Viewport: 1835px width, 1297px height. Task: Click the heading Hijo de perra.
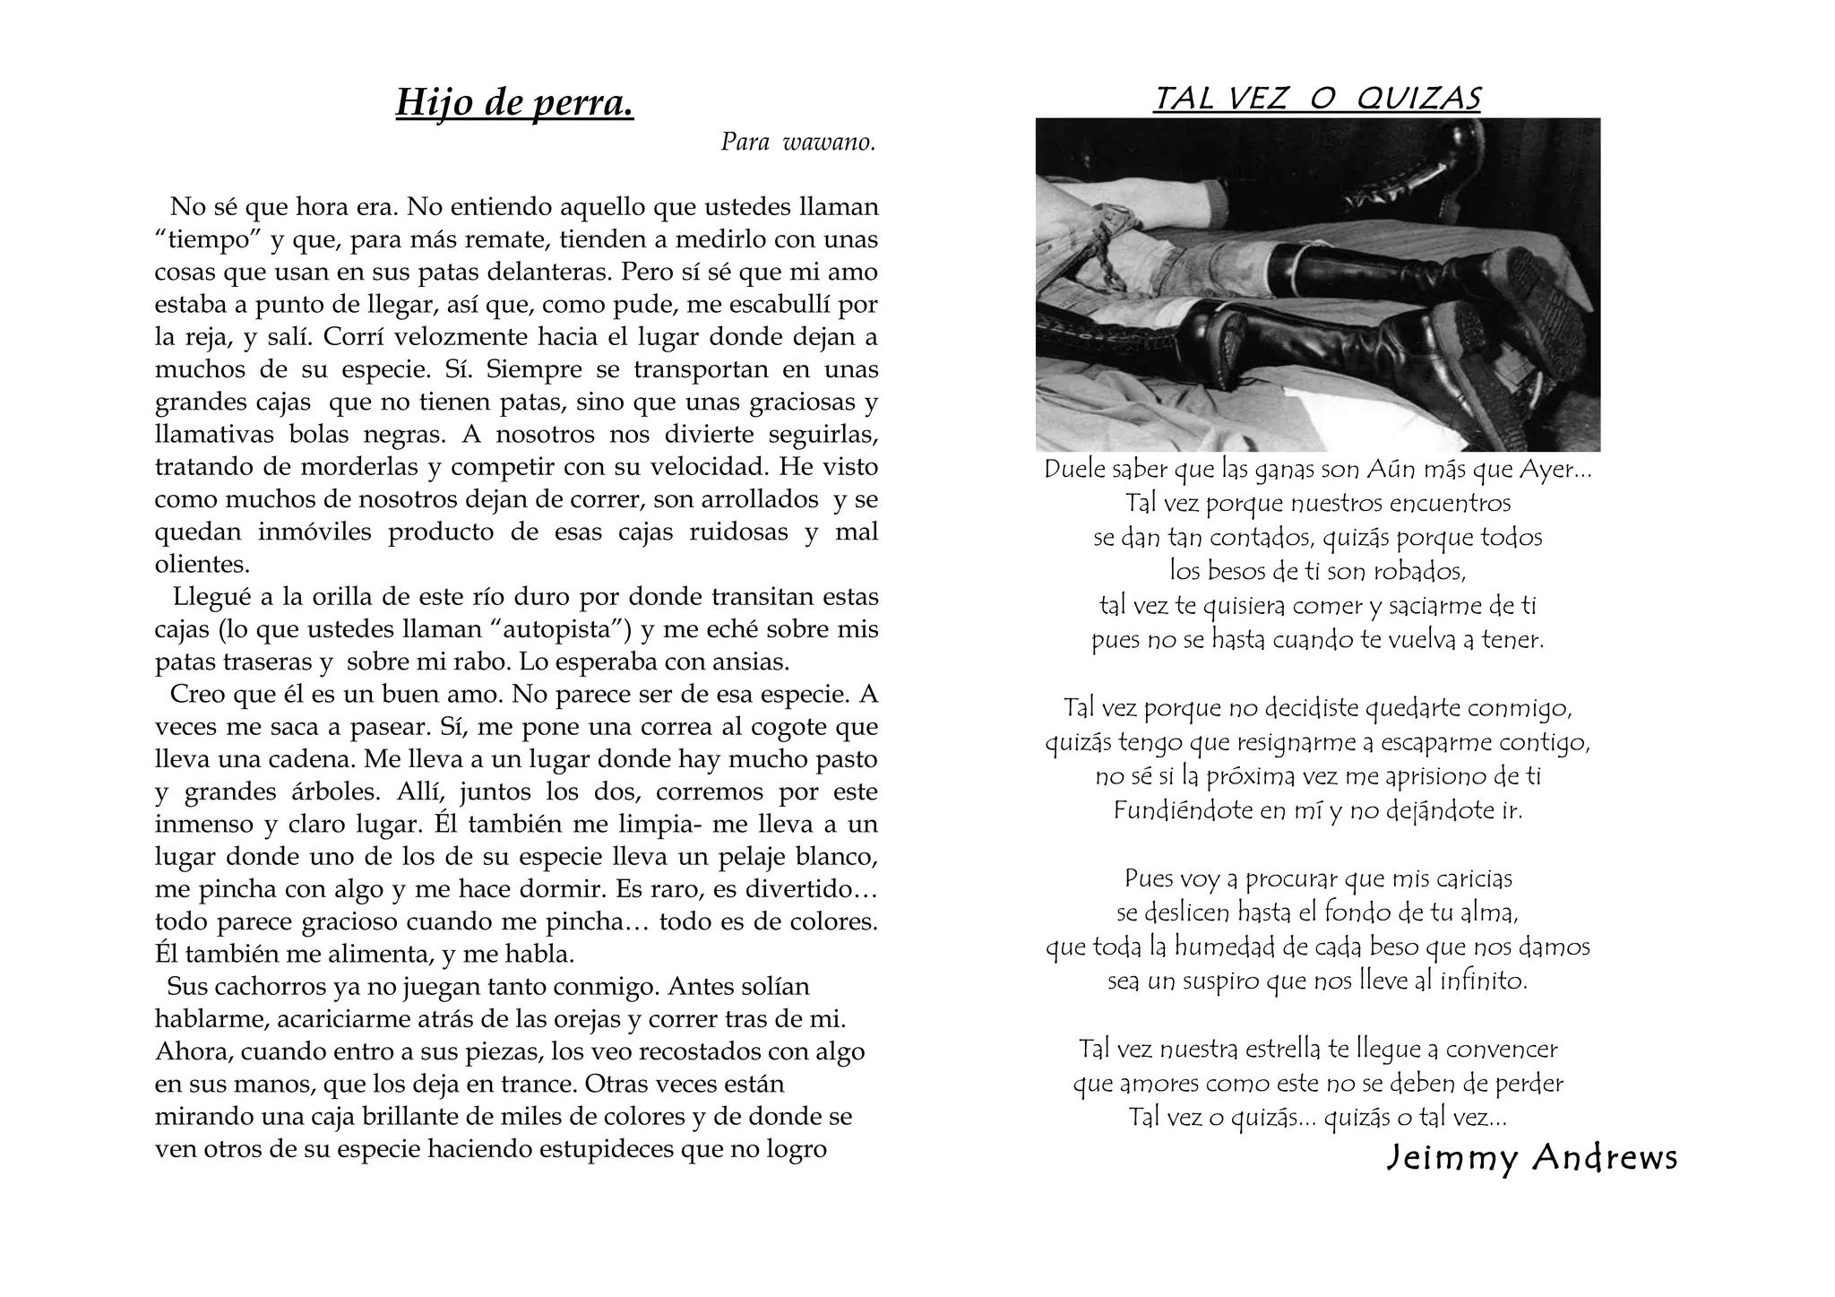tap(514, 103)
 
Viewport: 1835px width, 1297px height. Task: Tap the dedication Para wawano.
tap(797, 143)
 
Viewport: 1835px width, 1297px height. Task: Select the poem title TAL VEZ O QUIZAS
tap(1317, 99)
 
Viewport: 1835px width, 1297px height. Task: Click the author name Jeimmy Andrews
tap(1531, 1158)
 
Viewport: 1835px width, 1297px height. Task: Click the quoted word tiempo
tap(208, 240)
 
